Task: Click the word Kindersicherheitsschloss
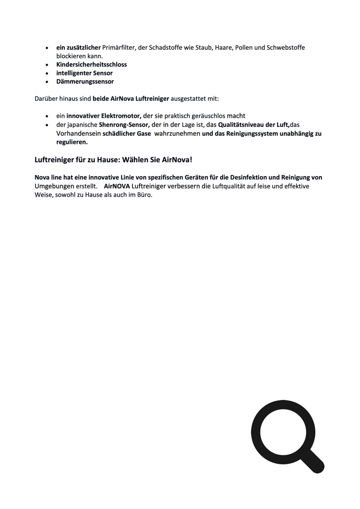(x=91, y=64)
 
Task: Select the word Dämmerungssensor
(x=85, y=81)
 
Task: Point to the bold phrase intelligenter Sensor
(x=84, y=73)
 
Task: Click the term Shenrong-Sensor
(x=124, y=125)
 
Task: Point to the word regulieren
(x=72, y=142)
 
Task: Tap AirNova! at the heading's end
(x=177, y=160)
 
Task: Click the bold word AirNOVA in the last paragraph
(x=117, y=186)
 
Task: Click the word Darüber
(x=45, y=99)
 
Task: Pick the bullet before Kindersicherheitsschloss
(x=47, y=64)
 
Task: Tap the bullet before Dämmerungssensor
(x=47, y=81)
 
